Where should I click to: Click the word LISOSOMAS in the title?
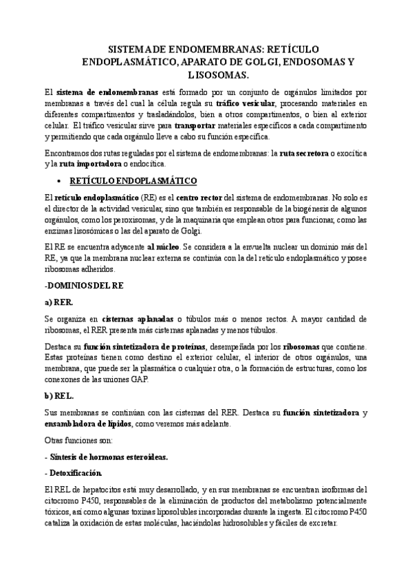(x=206, y=74)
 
